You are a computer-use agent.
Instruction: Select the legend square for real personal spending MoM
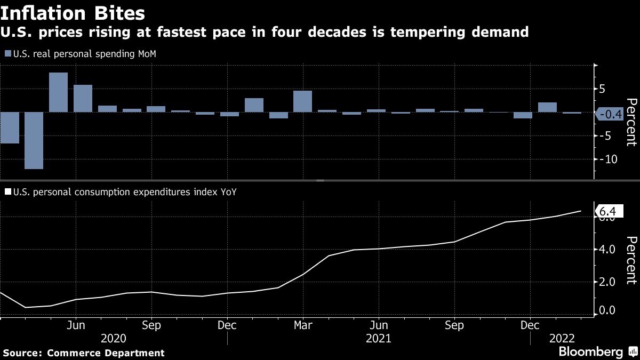pos(7,54)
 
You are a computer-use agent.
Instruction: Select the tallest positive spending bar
pos(58,92)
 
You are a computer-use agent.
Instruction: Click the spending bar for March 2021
pos(302,101)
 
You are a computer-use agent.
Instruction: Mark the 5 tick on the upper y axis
pos(602,89)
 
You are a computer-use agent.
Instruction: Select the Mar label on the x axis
pos(303,325)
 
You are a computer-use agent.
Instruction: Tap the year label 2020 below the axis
pos(114,339)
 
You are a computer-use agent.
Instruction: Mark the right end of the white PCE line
pos(580,211)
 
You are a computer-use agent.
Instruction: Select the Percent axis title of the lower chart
pos(631,260)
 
